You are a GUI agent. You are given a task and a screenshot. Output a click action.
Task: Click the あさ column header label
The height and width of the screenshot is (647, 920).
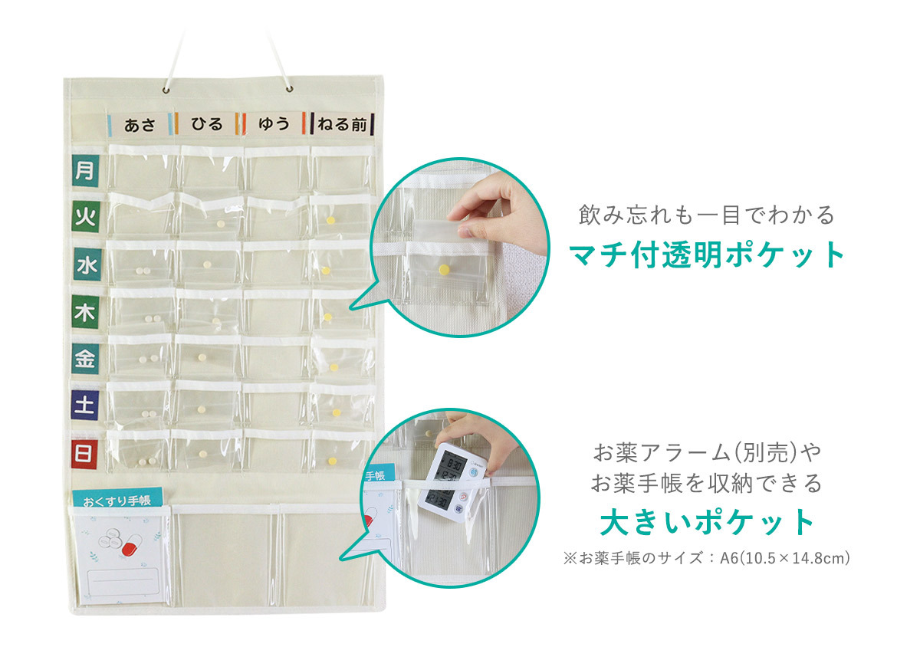(x=140, y=124)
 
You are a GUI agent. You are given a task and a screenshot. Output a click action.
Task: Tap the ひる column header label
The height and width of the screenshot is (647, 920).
(x=206, y=123)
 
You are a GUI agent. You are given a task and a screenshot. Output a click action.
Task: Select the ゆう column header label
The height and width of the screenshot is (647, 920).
(x=274, y=123)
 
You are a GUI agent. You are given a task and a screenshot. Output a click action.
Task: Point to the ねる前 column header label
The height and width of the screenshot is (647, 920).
(x=342, y=123)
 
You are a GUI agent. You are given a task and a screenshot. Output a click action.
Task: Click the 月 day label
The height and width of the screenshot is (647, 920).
(x=85, y=170)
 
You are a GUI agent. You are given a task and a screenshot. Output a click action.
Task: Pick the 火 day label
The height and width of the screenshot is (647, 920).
(x=85, y=216)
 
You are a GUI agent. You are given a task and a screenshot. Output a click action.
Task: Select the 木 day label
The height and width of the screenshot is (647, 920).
(x=85, y=312)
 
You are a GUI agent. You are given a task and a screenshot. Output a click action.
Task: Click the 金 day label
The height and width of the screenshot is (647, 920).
(x=85, y=359)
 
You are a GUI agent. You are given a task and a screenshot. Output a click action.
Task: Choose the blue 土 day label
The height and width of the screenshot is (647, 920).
(x=84, y=405)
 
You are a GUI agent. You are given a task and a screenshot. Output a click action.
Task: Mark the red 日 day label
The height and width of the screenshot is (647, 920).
(x=84, y=455)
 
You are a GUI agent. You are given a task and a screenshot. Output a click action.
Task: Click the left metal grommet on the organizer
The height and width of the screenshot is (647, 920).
(x=166, y=90)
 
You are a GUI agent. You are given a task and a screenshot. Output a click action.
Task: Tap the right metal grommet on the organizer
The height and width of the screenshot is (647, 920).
(x=290, y=89)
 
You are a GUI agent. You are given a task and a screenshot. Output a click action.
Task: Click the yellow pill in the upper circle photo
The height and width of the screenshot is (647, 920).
(x=444, y=270)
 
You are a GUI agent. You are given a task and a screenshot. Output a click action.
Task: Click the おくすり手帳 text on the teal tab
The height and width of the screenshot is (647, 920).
(x=117, y=501)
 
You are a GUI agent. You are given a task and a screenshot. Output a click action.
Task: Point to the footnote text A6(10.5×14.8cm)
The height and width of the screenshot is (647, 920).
(x=785, y=558)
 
